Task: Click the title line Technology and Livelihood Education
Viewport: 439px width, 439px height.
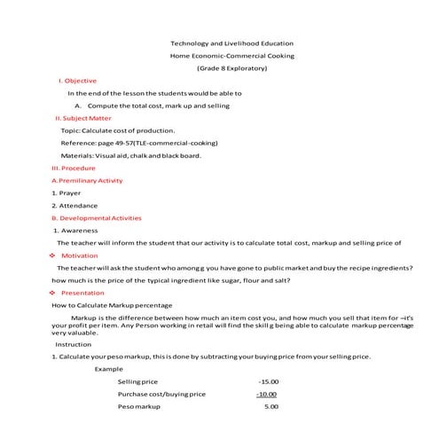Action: coord(231,43)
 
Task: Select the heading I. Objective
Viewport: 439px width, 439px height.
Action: coord(78,80)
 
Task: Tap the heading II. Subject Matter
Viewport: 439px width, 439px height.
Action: coord(83,117)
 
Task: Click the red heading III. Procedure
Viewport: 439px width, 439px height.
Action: coord(74,168)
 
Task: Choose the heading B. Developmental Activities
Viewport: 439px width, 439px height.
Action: coord(96,217)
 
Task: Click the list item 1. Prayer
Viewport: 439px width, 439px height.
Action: coord(67,192)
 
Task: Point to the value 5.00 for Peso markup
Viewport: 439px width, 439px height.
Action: coord(271,406)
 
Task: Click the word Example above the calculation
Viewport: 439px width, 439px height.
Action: coord(109,367)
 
